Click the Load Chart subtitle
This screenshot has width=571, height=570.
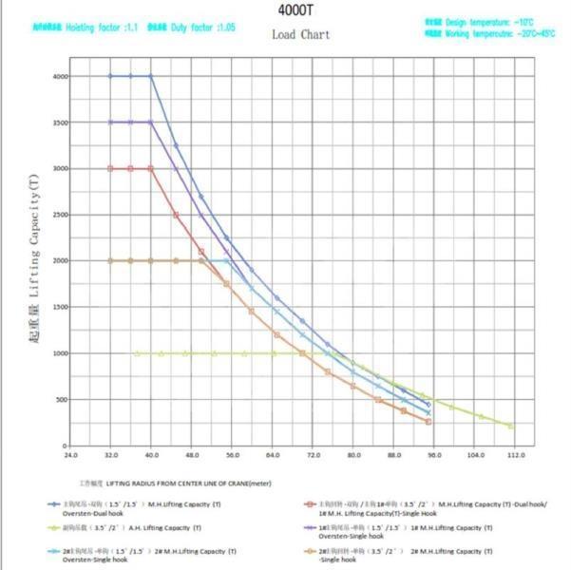300,35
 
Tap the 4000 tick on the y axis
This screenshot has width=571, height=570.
60,76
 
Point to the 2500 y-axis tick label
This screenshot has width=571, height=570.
60,215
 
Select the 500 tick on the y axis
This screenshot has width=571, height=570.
62,399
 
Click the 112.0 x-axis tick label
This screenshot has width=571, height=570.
516,455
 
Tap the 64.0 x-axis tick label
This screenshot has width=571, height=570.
273,455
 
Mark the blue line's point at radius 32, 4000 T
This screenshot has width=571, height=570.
111,76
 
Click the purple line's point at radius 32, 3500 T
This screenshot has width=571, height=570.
111,122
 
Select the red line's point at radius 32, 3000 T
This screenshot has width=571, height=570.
111,168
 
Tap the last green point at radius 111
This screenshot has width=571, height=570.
511,426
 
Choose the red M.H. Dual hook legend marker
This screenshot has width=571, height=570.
309,504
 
